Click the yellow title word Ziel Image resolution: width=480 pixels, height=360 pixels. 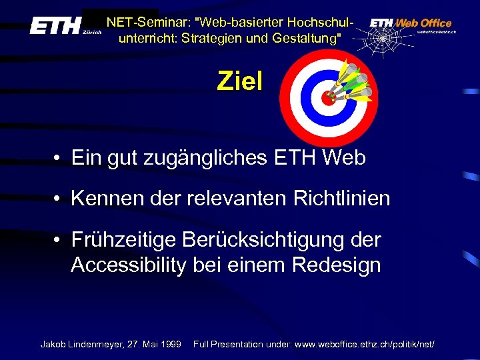240,82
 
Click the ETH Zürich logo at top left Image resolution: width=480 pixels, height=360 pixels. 64,27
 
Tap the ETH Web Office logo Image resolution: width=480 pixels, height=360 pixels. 411,23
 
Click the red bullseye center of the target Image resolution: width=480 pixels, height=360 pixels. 328,97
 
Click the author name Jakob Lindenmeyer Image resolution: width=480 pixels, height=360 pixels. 82,344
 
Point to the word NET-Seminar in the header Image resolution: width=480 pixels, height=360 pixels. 138,22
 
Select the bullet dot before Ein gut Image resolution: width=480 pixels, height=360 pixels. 59,159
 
